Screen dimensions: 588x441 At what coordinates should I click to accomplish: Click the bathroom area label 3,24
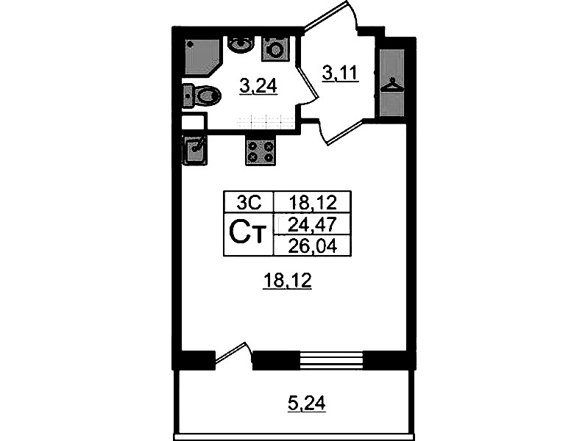[x=258, y=87]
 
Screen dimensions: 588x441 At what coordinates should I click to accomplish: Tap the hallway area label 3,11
[x=341, y=73]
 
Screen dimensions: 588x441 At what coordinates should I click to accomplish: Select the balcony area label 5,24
[x=306, y=404]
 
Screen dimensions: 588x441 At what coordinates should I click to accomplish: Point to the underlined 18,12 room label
[x=288, y=280]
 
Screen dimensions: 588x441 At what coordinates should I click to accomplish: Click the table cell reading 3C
[x=249, y=203]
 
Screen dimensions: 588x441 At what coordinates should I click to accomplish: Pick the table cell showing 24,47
[x=312, y=224]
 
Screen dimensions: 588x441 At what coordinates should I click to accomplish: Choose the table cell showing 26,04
[x=312, y=246]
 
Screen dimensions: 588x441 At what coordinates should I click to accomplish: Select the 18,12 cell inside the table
[x=312, y=203]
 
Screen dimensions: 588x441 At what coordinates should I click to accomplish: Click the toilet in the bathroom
[x=202, y=97]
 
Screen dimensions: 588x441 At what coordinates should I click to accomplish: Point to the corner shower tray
[x=202, y=56]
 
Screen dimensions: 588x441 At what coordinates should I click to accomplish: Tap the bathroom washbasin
[x=241, y=45]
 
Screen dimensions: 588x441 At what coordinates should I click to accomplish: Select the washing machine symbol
[x=276, y=49]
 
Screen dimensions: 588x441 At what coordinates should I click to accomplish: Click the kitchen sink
[x=194, y=150]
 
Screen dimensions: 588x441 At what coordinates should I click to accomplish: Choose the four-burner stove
[x=261, y=151]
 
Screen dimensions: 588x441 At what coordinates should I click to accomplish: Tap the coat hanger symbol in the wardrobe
[x=392, y=85]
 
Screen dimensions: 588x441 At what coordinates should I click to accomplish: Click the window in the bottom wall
[x=331, y=360]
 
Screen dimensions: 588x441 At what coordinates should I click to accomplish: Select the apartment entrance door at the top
[x=325, y=15]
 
